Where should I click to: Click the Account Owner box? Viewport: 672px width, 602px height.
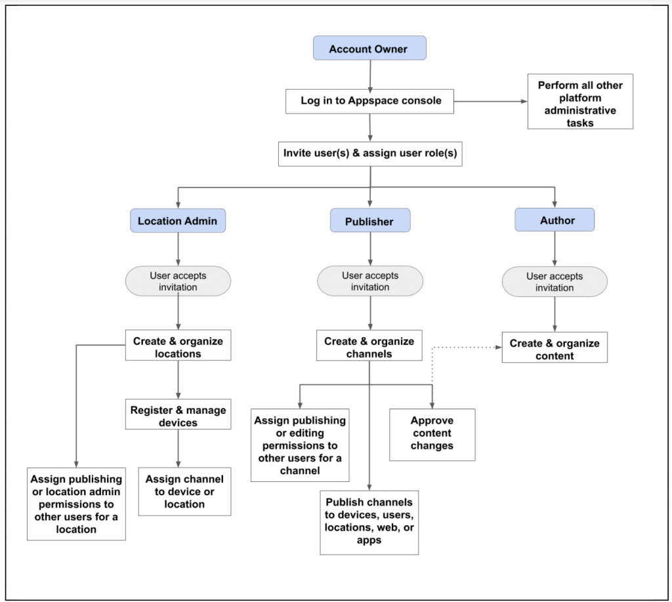click(x=369, y=48)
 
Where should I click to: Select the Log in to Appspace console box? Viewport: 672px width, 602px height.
click(x=369, y=102)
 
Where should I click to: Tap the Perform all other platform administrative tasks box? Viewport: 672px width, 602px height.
click(x=580, y=102)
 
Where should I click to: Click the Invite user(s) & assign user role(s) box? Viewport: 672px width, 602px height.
click(x=370, y=154)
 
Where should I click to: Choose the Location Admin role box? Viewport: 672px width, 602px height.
click(x=178, y=220)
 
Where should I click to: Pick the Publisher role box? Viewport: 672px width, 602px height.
click(x=370, y=220)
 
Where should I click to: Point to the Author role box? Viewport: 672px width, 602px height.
click(x=555, y=220)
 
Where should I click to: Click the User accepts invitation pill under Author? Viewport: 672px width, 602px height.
click(x=555, y=282)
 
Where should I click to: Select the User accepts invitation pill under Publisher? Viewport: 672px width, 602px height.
click(x=370, y=281)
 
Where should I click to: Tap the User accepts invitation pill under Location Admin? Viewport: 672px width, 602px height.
click(x=178, y=281)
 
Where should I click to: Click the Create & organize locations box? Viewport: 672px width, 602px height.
click(x=178, y=345)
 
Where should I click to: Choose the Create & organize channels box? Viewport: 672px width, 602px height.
click(x=369, y=346)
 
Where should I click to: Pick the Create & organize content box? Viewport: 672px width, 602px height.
click(x=555, y=348)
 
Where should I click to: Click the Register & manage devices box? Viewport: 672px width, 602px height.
click(x=178, y=414)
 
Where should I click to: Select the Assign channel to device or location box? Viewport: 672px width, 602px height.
click(x=184, y=492)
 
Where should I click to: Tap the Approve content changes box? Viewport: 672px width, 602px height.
click(x=432, y=435)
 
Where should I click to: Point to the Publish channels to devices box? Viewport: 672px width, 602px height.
click(x=369, y=523)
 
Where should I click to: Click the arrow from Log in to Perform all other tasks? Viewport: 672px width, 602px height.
click(x=491, y=102)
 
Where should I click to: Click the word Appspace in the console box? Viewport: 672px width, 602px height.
click(x=373, y=100)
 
